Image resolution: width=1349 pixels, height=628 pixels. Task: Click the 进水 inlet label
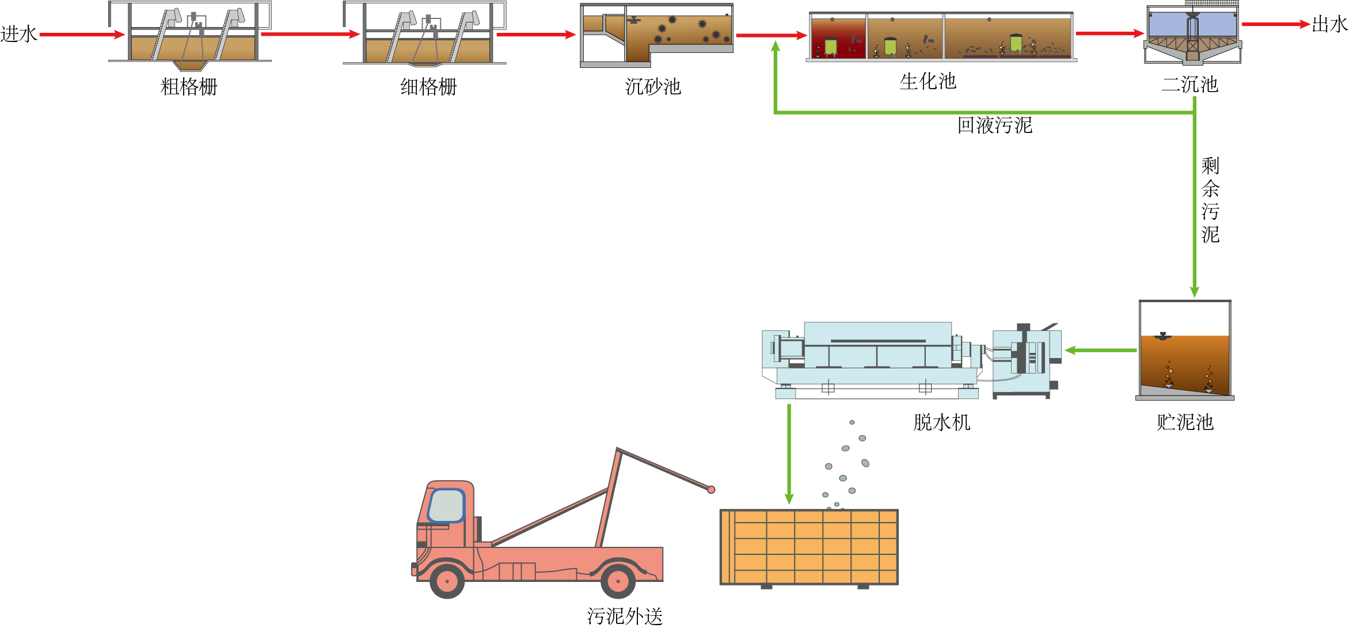pyautogui.click(x=18, y=34)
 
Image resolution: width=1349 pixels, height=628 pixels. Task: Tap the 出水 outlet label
pyautogui.click(x=1329, y=25)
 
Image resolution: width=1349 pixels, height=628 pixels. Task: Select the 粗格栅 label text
pyautogui.click(x=189, y=87)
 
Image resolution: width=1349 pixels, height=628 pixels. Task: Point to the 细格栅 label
pyautogui.click(x=428, y=87)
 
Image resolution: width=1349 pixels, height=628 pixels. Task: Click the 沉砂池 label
pyautogui.click(x=653, y=87)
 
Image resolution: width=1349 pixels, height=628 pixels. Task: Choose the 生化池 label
pyautogui.click(x=928, y=81)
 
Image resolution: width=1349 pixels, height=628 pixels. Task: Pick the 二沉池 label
pyautogui.click(x=1190, y=85)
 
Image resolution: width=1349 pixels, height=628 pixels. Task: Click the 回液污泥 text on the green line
pyautogui.click(x=994, y=125)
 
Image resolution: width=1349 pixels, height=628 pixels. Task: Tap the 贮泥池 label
pyautogui.click(x=1185, y=423)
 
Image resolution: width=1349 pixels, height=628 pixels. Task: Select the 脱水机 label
pyautogui.click(x=941, y=423)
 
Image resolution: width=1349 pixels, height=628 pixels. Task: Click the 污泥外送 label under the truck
pyautogui.click(x=625, y=616)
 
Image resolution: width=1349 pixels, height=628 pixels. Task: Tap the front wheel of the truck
pyautogui.click(x=447, y=581)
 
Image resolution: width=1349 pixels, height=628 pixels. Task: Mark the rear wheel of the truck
pyautogui.click(x=618, y=581)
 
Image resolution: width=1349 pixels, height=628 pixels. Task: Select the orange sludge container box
pyautogui.click(x=809, y=547)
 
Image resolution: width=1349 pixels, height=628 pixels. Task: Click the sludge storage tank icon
pyautogui.click(x=1185, y=350)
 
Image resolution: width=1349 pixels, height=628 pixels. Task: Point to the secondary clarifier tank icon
pyautogui.click(x=1192, y=33)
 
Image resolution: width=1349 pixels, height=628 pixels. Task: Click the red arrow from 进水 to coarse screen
pyautogui.click(x=82, y=35)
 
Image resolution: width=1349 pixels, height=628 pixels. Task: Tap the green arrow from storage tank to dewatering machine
pyautogui.click(x=1100, y=350)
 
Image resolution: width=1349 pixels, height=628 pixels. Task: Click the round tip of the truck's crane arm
pyautogui.click(x=711, y=489)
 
